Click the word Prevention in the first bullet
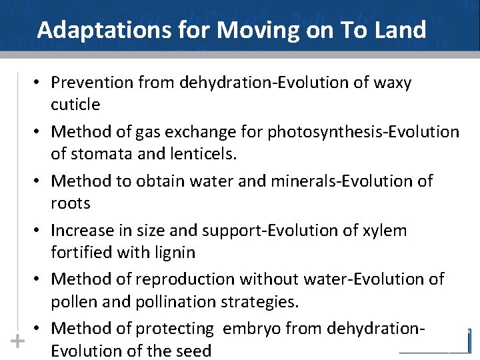[x=91, y=83]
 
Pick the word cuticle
[x=75, y=105]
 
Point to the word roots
[x=70, y=203]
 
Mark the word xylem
[x=385, y=231]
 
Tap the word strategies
[x=257, y=302]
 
